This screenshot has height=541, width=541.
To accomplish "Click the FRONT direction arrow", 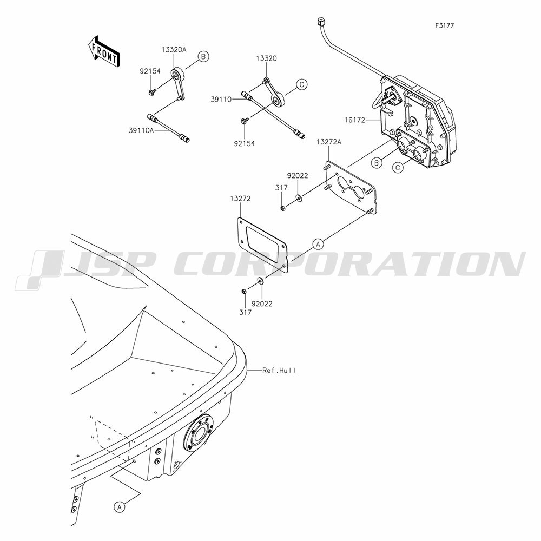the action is (104, 51).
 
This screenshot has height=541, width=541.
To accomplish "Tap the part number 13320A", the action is (174, 50).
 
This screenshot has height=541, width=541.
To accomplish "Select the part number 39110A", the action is (141, 130).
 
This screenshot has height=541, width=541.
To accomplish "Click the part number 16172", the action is (355, 120).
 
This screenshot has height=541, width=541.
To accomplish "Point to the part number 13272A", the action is (329, 142).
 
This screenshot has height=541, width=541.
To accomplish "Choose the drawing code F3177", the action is (444, 25).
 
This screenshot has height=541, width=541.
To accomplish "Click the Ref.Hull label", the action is (279, 370).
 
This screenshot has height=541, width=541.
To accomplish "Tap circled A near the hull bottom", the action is (120, 507).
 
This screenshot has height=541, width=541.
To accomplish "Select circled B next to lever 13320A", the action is (203, 56).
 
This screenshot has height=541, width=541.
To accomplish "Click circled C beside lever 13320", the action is (301, 84).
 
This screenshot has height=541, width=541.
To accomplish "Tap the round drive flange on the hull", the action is (199, 432).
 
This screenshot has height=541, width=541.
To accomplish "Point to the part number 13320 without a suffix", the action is (266, 58).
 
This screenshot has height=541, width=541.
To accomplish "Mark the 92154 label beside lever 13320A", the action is (150, 71).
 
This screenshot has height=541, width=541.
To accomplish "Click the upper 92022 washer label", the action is (298, 176).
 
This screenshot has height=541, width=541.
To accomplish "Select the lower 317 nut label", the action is (245, 312).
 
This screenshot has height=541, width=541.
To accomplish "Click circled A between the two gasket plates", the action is (318, 244).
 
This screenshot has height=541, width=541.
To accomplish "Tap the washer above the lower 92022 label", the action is (261, 280).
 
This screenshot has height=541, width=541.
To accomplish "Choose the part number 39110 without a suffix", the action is (221, 100).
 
